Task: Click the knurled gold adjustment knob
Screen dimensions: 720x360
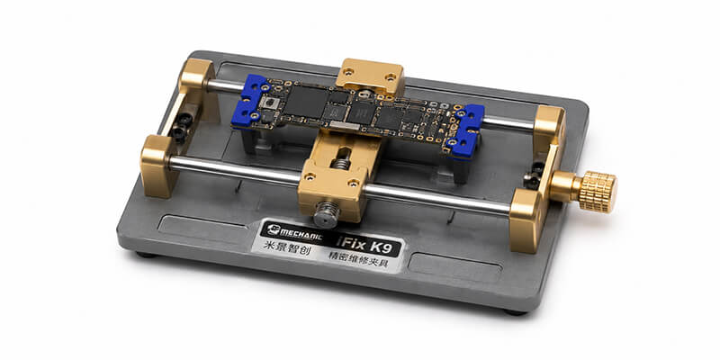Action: click(x=596, y=191)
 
